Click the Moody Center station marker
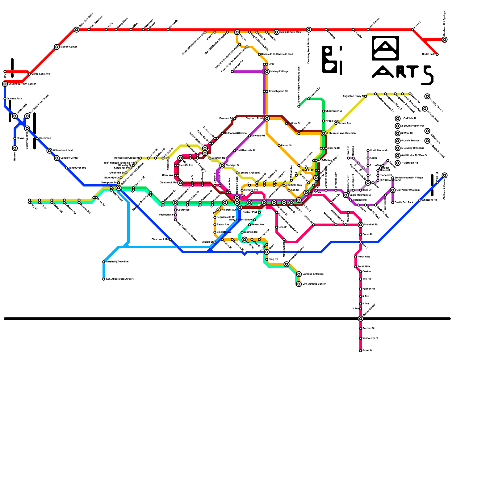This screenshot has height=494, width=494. tap(57, 47)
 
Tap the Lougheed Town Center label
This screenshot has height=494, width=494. tap(22, 84)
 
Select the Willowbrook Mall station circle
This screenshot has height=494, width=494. tap(49, 151)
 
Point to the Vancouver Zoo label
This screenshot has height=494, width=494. tap(77, 168)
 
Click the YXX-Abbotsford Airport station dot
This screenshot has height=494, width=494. tap(104, 279)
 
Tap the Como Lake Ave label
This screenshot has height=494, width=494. tap(41, 74)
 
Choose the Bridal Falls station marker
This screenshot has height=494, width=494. tap(437, 54)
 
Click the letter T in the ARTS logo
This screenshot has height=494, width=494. tap(413, 72)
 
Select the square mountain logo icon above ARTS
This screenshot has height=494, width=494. tap(385, 48)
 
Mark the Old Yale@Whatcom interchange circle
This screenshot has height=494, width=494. tap(393, 190)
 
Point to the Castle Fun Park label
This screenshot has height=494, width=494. tap(404, 203)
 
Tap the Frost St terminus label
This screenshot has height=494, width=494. tap(367, 351)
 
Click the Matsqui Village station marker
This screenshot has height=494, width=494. tap(267, 72)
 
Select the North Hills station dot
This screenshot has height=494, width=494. tap(356, 257)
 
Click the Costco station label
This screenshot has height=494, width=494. tap(366, 272)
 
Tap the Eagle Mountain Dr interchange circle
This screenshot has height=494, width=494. tap(346, 195)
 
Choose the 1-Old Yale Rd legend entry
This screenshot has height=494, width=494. tap(409, 119)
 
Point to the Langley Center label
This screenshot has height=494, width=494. tap(69, 158)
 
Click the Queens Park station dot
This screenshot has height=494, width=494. tap(5, 99)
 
